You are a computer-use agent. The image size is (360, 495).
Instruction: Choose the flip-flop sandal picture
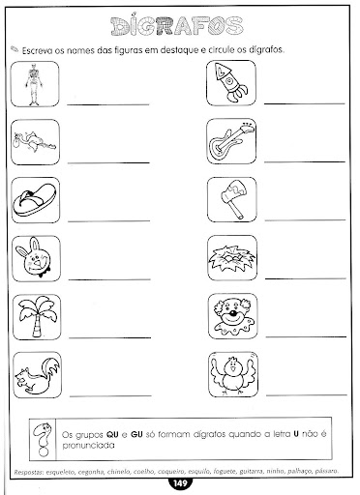(36, 200)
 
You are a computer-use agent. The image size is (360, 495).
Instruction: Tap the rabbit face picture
(35, 257)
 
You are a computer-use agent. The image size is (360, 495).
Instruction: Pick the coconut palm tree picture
(36, 315)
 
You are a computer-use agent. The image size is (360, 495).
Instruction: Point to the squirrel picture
(36, 373)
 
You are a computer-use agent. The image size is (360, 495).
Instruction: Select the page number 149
(179, 484)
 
